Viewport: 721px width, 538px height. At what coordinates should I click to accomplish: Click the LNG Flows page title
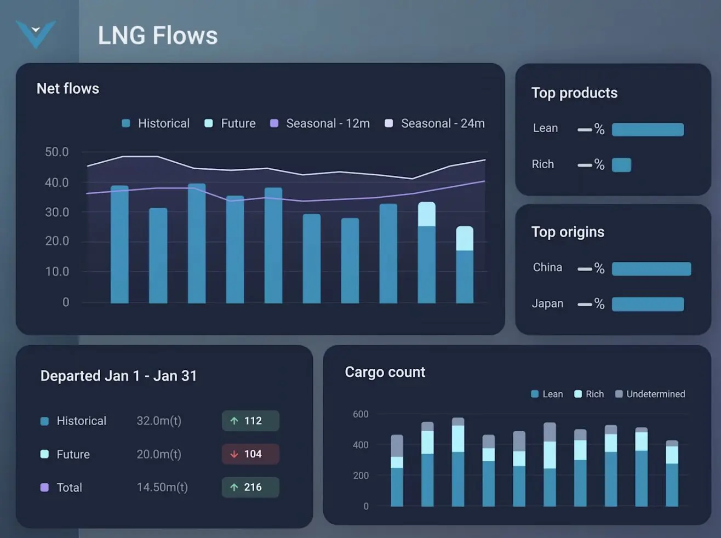pyautogui.click(x=157, y=36)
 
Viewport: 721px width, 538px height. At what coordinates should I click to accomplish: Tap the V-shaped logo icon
pyautogui.click(x=36, y=33)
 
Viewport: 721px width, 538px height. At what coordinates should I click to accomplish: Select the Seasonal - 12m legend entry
pyautogui.click(x=321, y=124)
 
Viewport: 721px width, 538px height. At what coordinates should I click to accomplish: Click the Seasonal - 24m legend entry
pyautogui.click(x=436, y=124)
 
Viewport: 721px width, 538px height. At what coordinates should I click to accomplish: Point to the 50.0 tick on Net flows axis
pyautogui.click(x=57, y=152)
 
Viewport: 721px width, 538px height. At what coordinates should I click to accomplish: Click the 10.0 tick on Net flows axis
pyautogui.click(x=57, y=271)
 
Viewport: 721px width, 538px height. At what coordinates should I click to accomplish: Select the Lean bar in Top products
pyautogui.click(x=648, y=129)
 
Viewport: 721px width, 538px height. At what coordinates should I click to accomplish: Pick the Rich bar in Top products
pyautogui.click(x=621, y=165)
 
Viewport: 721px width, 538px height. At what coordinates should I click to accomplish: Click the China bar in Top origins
pyautogui.click(x=651, y=268)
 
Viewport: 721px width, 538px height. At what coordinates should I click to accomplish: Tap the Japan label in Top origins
pyautogui.click(x=547, y=304)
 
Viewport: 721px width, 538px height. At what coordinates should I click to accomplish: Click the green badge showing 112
pyautogui.click(x=250, y=421)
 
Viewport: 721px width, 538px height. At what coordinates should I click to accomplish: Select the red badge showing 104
pyautogui.click(x=250, y=454)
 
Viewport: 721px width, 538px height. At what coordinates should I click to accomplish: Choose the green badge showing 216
pyautogui.click(x=250, y=487)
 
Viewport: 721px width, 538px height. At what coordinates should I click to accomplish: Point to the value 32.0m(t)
pyautogui.click(x=159, y=421)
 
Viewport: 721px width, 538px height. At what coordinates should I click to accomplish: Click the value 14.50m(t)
pyautogui.click(x=162, y=487)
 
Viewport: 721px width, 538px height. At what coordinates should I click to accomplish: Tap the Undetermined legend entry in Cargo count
pyautogui.click(x=650, y=394)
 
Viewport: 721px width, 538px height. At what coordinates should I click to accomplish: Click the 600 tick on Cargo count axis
pyautogui.click(x=360, y=414)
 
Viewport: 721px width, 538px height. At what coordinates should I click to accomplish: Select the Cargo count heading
pyautogui.click(x=385, y=372)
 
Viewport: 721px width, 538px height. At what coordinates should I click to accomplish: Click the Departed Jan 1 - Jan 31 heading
pyautogui.click(x=118, y=376)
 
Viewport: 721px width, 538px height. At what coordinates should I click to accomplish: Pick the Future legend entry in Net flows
pyautogui.click(x=231, y=124)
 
